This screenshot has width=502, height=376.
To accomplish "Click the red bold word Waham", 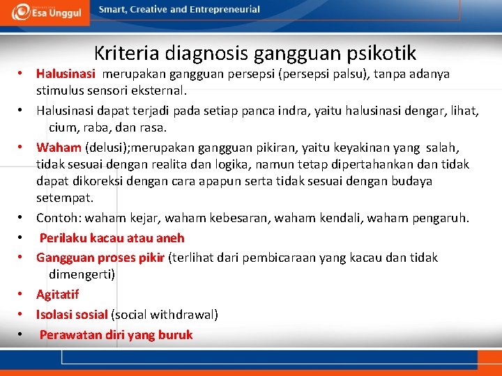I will [x=58, y=148].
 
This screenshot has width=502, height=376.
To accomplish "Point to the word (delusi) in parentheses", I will [x=107, y=148].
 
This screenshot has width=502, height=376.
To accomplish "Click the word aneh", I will [x=170, y=238].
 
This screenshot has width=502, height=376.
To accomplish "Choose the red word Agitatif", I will [x=58, y=295].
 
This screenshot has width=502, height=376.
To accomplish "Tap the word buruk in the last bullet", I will [x=176, y=335].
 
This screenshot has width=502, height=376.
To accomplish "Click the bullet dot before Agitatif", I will [x=22, y=295].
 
